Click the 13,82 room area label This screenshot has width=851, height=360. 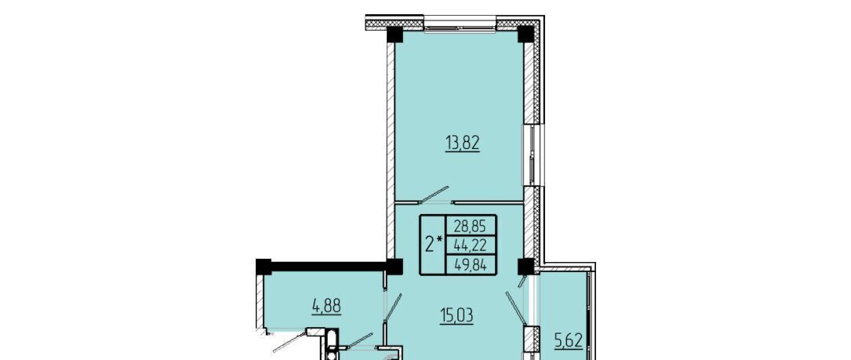pyautogui.click(x=463, y=144)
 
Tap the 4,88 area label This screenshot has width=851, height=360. pyautogui.click(x=326, y=306)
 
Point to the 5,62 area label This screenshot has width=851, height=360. pyautogui.click(x=568, y=340)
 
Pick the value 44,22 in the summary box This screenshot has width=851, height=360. pyautogui.click(x=471, y=246)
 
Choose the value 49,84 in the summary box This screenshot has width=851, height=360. pyautogui.click(x=471, y=266)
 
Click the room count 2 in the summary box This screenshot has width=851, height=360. pyautogui.click(x=429, y=245)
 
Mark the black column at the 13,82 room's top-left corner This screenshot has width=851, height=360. pyautogui.click(x=395, y=35)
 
